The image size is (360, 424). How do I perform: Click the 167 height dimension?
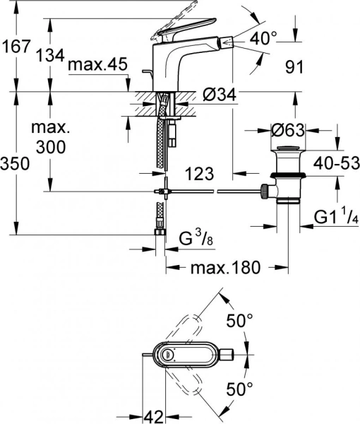(x=16, y=47)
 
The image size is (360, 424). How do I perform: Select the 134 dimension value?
(x=50, y=54)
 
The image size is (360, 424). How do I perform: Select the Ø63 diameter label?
(x=289, y=131)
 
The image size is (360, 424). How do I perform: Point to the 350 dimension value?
(x=16, y=164)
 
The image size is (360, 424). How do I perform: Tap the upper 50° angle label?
(x=239, y=321)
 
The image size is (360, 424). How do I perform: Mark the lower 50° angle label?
(x=239, y=389)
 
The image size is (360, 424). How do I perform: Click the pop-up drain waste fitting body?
(x=288, y=177)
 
